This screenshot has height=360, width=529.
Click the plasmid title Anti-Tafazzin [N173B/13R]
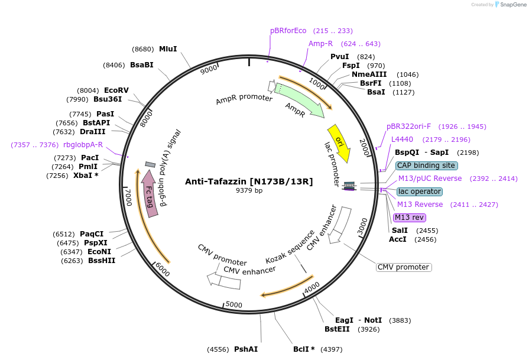(x=249, y=181)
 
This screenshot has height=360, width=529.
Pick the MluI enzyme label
(x=168, y=49)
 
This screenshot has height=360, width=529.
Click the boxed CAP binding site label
(x=426, y=166)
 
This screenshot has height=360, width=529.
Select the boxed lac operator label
(x=419, y=192)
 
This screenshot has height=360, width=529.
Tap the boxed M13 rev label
(x=409, y=218)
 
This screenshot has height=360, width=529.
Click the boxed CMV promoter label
(x=404, y=267)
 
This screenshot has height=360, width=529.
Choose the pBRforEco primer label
(x=288, y=31)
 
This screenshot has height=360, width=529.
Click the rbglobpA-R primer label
(x=83, y=145)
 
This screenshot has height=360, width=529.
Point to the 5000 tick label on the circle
(x=234, y=304)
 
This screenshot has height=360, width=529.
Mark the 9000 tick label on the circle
(x=209, y=70)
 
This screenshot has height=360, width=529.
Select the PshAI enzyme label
(x=246, y=349)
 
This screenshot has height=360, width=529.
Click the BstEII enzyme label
(x=337, y=329)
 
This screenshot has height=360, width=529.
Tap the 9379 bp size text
(x=249, y=190)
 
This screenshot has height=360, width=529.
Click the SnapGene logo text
(x=512, y=5)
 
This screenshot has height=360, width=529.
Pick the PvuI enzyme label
(x=339, y=57)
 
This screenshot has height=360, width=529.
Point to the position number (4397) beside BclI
(x=331, y=349)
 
